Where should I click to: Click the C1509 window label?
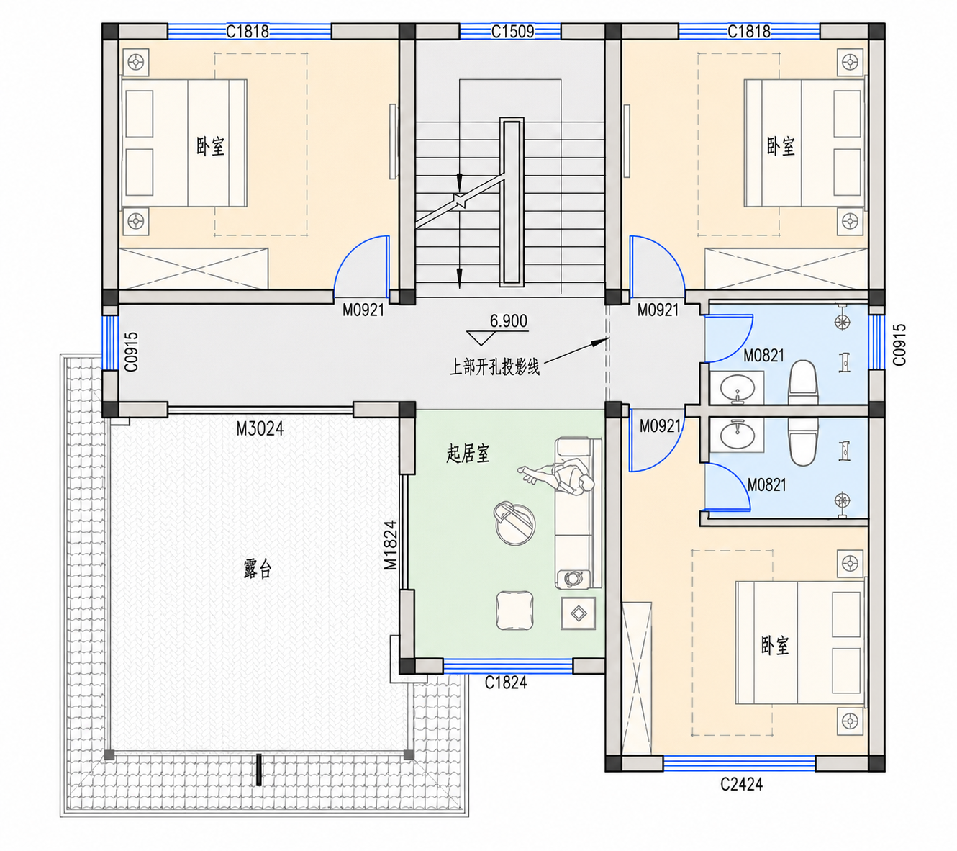point(512,32)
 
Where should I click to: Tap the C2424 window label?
point(741,784)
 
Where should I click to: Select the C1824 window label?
point(505,683)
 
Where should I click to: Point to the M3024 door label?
point(260,429)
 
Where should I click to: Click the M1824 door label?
point(390,545)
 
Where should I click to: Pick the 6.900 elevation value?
point(508,321)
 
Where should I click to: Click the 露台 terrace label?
point(258,569)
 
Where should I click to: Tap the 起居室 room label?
point(468,454)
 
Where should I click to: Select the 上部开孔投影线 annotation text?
point(494,367)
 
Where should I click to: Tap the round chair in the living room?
point(514,524)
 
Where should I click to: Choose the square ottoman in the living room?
point(514,611)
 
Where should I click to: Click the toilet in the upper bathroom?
point(802,382)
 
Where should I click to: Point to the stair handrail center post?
point(512,202)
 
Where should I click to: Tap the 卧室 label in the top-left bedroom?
point(210,146)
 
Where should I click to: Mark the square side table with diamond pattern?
point(579,613)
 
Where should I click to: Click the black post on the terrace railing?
point(258,770)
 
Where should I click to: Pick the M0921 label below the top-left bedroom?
point(363,310)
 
